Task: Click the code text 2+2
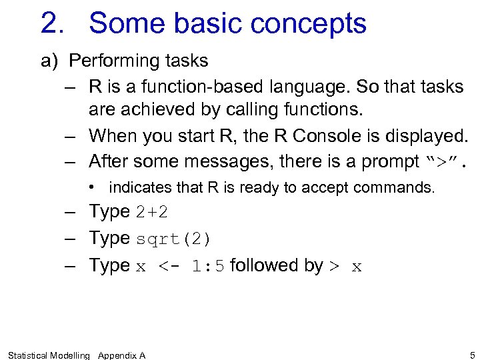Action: (x=152, y=213)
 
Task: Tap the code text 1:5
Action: (x=208, y=266)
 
